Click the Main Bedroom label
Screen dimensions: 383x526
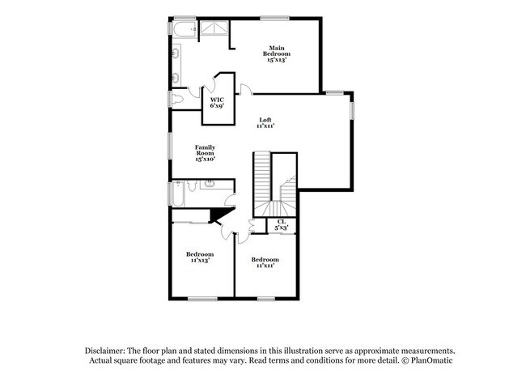click(x=276, y=53)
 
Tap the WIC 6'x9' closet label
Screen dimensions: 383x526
click(x=218, y=101)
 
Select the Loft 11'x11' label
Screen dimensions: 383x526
click(x=265, y=123)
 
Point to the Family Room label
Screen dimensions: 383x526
click(x=205, y=153)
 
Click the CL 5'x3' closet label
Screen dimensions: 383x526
click(x=282, y=225)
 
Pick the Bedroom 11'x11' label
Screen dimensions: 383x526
click(x=265, y=262)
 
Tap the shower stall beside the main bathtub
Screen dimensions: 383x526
click(x=214, y=28)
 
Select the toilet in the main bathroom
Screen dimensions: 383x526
click(x=178, y=98)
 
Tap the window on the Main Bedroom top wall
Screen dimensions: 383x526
click(x=274, y=19)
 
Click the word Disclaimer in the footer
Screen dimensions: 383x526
click(x=108, y=349)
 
